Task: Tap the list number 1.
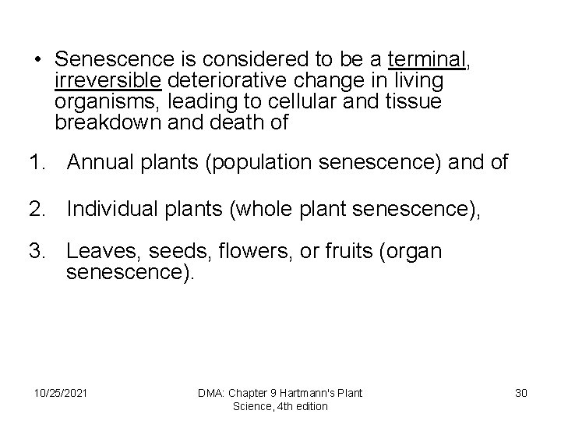click(x=36, y=164)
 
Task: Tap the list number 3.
click(x=36, y=253)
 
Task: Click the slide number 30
click(x=521, y=393)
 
